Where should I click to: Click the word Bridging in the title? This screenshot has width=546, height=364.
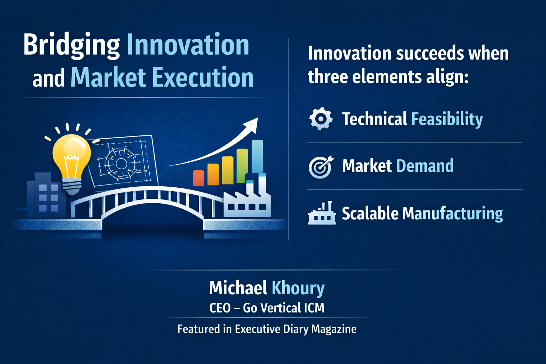point(71,45)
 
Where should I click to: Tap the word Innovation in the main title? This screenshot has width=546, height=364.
point(188,45)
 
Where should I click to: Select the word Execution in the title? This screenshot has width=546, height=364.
point(203,77)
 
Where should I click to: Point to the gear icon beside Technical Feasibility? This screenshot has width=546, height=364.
point(321,119)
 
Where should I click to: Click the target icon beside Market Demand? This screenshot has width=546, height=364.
point(320,166)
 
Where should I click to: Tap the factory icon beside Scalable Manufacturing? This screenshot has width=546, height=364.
point(322,213)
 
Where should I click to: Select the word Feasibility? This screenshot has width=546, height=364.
point(447,119)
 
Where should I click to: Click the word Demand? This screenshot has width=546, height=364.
point(425,166)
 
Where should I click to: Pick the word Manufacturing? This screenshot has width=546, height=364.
point(453,213)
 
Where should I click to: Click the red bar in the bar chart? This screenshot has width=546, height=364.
point(198,178)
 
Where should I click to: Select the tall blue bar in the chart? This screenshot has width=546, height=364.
point(257,156)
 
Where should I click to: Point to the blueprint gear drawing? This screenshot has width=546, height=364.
point(121,164)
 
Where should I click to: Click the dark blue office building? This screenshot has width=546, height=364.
point(44,196)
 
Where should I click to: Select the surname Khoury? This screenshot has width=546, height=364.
point(298,288)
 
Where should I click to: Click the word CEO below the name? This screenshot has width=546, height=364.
point(220,308)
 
